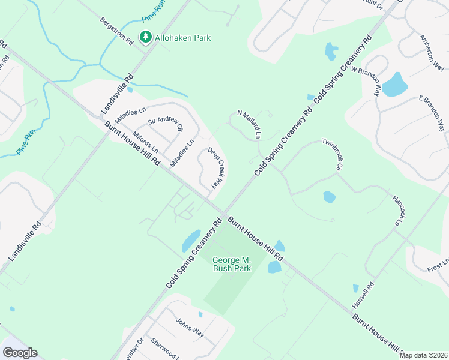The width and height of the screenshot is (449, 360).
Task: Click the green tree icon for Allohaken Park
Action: coord(145,38)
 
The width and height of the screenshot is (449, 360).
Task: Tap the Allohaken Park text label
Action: coord(183,38)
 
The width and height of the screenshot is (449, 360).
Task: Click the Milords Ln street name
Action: coord(146,142)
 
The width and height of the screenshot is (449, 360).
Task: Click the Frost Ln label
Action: coord(438,265)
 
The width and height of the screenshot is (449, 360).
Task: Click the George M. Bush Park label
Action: coord(231,264)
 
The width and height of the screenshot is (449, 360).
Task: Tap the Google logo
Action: coord(20,353)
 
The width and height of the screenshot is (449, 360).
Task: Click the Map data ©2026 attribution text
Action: coord(424,355)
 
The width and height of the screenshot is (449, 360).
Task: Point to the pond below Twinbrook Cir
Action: coord(328,197)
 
